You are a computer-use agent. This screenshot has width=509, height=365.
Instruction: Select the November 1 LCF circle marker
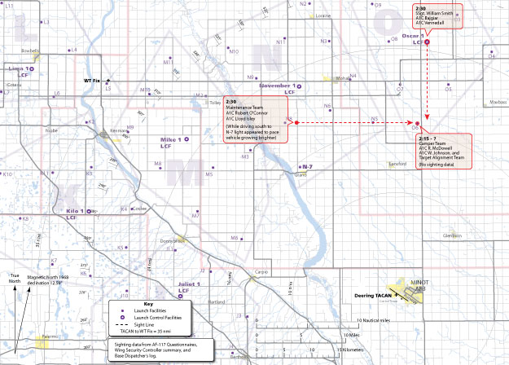299,86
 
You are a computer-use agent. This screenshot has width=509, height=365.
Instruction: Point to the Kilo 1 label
77,211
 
